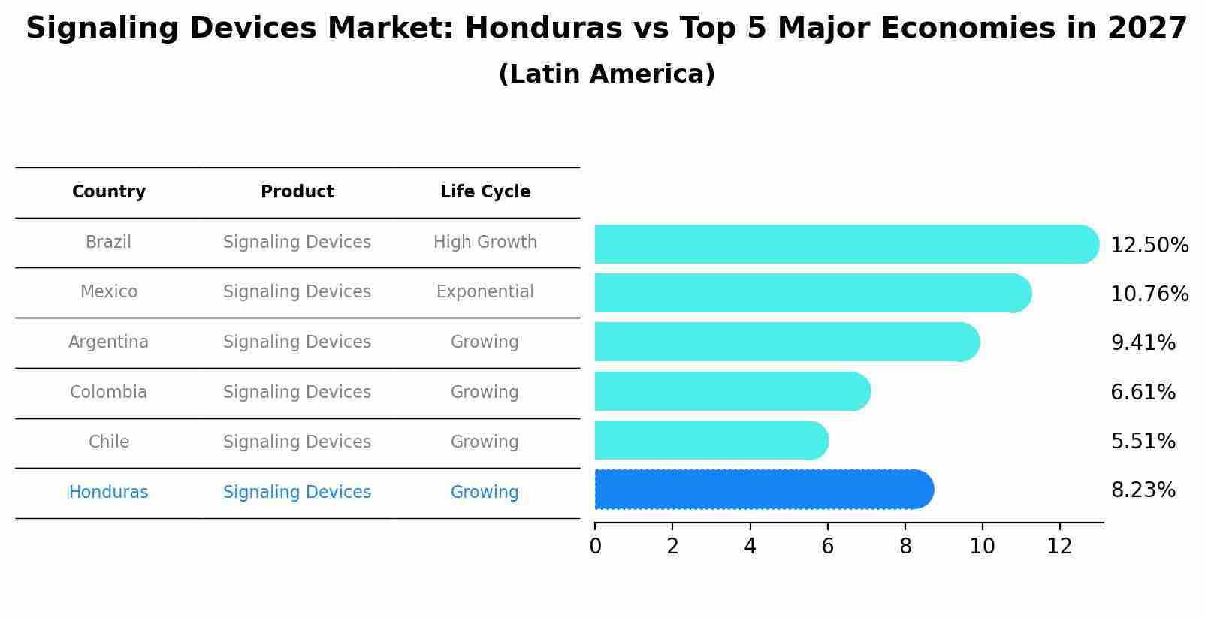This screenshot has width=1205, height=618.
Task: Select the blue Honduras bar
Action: point(763,490)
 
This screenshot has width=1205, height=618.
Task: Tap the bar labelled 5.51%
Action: point(710,440)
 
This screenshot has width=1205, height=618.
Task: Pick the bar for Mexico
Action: point(811,293)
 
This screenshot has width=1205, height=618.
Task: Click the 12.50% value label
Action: point(1149,246)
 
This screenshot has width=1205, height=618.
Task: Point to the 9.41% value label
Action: point(1143,343)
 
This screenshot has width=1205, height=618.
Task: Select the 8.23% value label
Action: point(1143,490)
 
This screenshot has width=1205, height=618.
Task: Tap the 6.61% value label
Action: point(1143,393)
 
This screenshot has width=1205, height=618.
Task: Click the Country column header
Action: point(109,192)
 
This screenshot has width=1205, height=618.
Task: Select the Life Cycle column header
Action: point(485,192)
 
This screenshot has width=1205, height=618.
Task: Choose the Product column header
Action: point(297,192)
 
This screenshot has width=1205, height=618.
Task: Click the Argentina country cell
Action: point(109,342)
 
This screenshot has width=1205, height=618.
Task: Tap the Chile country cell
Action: point(109,442)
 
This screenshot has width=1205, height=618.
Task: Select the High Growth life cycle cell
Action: point(485,243)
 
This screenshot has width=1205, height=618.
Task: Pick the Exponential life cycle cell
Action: point(485,292)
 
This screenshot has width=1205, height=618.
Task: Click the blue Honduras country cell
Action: point(109,493)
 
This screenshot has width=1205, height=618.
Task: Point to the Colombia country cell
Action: point(109,393)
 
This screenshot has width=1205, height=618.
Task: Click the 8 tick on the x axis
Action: point(905,547)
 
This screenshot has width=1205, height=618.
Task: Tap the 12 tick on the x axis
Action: point(1059,547)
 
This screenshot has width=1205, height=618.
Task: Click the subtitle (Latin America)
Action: point(606,74)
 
